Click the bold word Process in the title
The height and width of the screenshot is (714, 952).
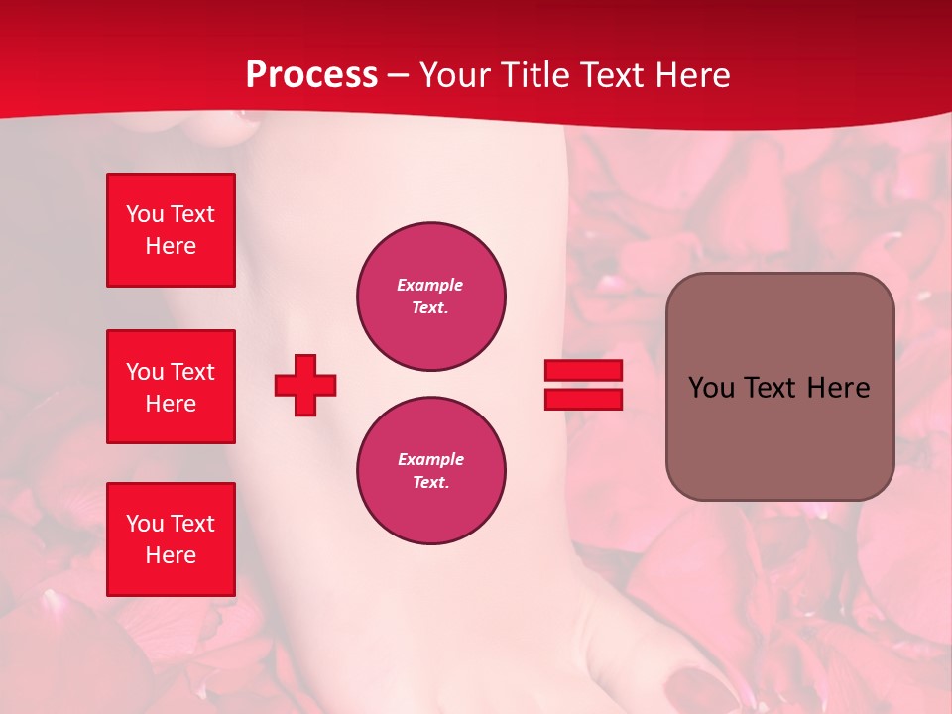point(311,75)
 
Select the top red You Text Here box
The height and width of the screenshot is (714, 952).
point(171,230)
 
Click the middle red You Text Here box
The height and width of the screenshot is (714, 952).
point(171,387)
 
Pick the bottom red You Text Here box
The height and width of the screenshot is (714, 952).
point(171,538)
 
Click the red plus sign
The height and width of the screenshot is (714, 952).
point(305,385)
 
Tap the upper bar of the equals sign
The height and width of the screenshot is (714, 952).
point(583,370)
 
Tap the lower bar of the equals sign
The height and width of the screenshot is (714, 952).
point(583,399)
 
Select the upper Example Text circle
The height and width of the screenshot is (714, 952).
point(431,297)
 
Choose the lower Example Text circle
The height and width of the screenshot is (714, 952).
point(431,471)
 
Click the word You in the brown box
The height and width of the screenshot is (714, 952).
point(711,388)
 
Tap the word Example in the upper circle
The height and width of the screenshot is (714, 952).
point(430,285)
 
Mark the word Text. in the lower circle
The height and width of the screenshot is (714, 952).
point(430,483)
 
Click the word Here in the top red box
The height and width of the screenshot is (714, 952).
point(171,246)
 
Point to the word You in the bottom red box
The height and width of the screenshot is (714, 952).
point(145,524)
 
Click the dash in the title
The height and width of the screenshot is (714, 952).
point(399,75)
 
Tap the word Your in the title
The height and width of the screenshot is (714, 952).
point(455,75)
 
